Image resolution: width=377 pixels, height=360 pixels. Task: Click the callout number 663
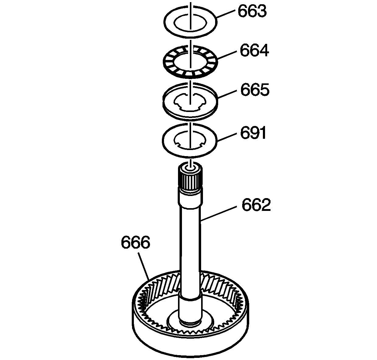click(252, 11)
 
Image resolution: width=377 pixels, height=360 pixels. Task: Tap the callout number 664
click(254, 51)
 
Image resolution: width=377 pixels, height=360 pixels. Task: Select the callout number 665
click(255, 90)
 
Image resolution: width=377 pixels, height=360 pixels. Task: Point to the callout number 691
click(253, 133)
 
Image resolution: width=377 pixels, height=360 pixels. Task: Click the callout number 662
click(256, 205)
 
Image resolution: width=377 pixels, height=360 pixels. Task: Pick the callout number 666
click(135, 242)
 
